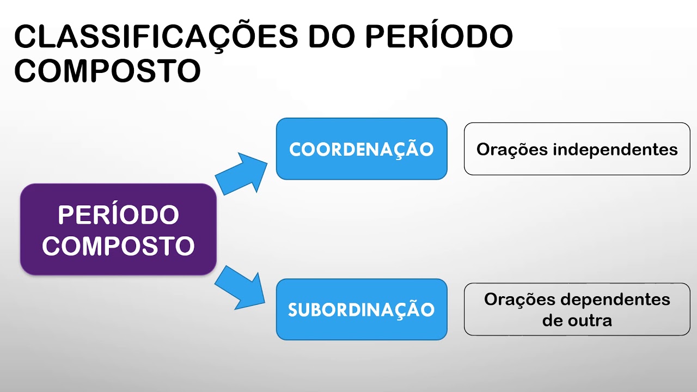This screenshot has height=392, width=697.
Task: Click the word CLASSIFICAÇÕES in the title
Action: pyautogui.click(x=155, y=37)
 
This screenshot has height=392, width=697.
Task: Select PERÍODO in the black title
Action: pyautogui.click(x=439, y=37)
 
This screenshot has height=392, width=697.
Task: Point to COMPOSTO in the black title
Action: pyautogui.click(x=107, y=71)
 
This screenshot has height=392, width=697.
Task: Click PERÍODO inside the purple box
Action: pyautogui.click(x=118, y=215)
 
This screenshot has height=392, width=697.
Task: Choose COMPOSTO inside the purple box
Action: pyautogui.click(x=118, y=246)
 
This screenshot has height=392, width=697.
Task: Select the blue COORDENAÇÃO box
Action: pyautogui.click(x=361, y=149)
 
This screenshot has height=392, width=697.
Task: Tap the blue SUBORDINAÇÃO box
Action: pyautogui.click(x=361, y=309)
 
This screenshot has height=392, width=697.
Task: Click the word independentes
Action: pyautogui.click(x=615, y=150)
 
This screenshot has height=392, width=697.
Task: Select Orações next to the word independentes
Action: pyautogui.click(x=512, y=150)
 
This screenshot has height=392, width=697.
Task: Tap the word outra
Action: pyautogui.click(x=589, y=320)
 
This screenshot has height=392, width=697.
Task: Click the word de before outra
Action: pyautogui.click(x=552, y=320)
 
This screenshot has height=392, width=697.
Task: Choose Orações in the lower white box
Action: pyautogui.click(x=519, y=300)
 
